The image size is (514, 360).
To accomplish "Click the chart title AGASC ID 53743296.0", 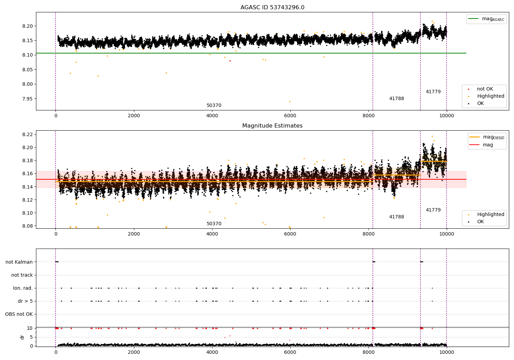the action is click(x=272, y=7).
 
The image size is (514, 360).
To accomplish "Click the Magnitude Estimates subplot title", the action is click(x=272, y=125).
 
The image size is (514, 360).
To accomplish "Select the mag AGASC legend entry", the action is click(x=486, y=19).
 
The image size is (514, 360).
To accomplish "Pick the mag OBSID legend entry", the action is click(x=487, y=137).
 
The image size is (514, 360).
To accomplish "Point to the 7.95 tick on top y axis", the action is click(x=27, y=99).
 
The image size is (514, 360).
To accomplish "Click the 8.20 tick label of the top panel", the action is click(x=27, y=26).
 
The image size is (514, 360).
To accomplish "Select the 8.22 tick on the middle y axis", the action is click(x=27, y=134).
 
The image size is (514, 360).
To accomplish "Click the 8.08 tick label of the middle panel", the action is click(x=27, y=226).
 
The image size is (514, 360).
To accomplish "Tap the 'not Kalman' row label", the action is click(x=19, y=262).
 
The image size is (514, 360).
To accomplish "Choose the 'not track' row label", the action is click(x=22, y=275).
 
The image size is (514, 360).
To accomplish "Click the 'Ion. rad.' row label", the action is click(x=23, y=288).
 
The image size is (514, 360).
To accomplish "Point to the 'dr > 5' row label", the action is click(x=25, y=301).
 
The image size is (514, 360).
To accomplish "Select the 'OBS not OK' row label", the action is click(x=19, y=314).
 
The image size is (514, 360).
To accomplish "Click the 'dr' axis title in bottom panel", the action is click(x=22, y=337).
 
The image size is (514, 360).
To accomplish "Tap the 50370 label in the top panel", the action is click(x=214, y=105).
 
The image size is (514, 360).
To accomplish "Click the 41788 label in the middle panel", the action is click(x=396, y=217).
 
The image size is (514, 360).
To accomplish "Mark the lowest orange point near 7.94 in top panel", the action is click(x=290, y=101).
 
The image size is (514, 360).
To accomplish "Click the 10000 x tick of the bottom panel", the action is click(x=446, y=352).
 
